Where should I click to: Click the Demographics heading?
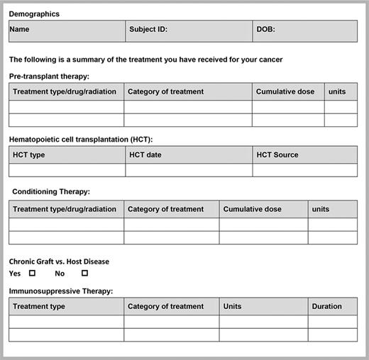click(x=34, y=13)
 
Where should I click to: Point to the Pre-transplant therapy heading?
click(x=50, y=76)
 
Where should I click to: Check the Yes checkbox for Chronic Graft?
click(x=32, y=273)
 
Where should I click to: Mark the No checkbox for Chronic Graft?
click(x=84, y=273)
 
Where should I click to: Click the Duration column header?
click(x=326, y=306)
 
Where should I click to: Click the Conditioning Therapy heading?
click(x=51, y=191)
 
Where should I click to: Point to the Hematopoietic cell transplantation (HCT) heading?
click(x=81, y=139)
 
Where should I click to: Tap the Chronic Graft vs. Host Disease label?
click(x=59, y=261)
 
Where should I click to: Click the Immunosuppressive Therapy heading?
click(x=61, y=291)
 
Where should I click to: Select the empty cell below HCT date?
click(x=189, y=170)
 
